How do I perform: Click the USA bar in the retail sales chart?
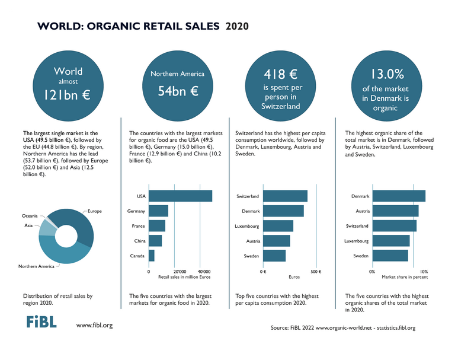click(x=180, y=196)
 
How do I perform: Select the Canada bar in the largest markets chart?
click(x=152, y=256)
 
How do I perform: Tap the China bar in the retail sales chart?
click(x=155, y=241)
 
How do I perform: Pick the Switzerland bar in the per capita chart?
click(x=285, y=196)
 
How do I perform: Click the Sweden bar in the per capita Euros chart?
click(x=274, y=256)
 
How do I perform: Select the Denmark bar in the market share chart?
click(x=399, y=196)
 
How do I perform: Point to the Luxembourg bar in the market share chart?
click(x=391, y=241)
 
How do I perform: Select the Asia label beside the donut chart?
click(x=28, y=226)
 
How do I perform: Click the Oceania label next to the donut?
click(x=31, y=216)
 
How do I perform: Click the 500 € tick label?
click(x=316, y=272)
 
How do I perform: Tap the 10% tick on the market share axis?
click(x=416, y=272)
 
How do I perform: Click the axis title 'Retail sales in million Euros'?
click(x=184, y=278)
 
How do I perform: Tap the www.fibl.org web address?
click(x=94, y=326)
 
